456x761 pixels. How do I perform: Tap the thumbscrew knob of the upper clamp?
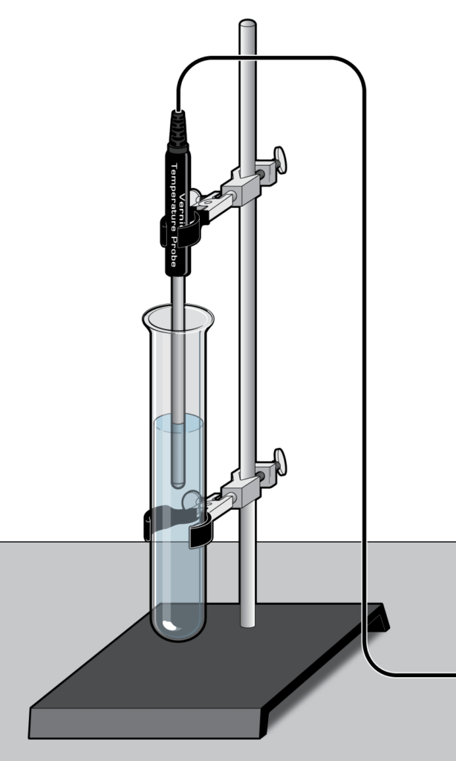[x=280, y=158]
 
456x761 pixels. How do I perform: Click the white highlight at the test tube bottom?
[x=170, y=626]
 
